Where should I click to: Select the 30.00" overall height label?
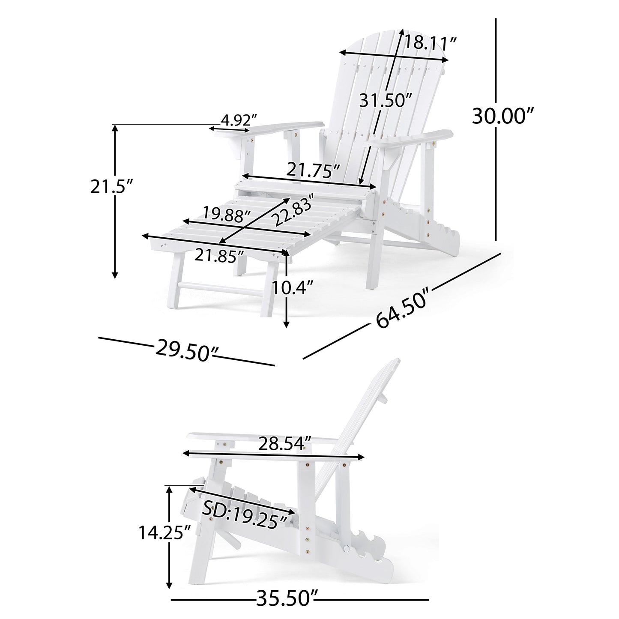click(x=503, y=116)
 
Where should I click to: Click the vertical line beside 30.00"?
click(x=496, y=129)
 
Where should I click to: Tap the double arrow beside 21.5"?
click(x=114, y=201)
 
